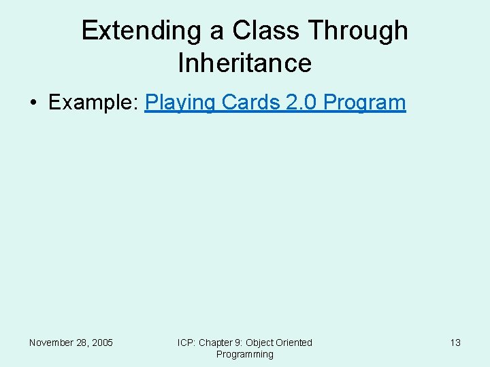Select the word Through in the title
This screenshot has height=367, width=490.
coord(358,31)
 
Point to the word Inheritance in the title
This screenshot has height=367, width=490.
coord(244,63)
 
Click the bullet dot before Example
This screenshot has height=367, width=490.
coord(33,103)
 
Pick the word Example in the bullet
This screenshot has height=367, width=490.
coord(93,103)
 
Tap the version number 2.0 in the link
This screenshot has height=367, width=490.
coord(301,103)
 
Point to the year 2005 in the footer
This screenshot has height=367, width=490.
coord(102,343)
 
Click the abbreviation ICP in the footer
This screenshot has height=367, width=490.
coord(186,343)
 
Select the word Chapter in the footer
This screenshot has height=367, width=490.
coord(216,343)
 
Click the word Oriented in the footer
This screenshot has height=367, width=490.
coord(295,343)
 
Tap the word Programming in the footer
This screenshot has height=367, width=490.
coord(244,354)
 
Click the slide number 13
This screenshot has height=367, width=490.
coord(455,343)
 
